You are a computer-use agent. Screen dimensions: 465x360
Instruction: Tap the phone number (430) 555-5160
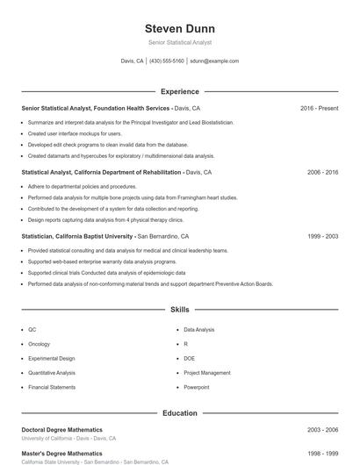(x=167, y=61)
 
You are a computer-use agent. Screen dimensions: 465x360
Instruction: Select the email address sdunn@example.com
(x=214, y=61)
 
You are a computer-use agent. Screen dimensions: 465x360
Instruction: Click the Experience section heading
(x=179, y=91)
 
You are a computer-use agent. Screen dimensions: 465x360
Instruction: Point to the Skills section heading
(x=179, y=310)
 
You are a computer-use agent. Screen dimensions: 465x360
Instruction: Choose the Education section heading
(x=179, y=412)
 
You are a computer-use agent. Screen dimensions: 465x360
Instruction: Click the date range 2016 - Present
(x=319, y=108)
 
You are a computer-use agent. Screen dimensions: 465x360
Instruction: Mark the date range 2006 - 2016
(x=322, y=173)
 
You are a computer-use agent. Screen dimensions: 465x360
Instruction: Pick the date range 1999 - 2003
(x=322, y=237)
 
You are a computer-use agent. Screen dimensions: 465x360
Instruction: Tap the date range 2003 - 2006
(x=322, y=430)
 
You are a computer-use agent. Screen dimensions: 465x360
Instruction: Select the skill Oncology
(x=40, y=344)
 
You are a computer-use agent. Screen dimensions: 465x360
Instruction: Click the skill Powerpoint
(x=197, y=387)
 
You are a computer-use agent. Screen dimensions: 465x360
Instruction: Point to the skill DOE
(x=190, y=358)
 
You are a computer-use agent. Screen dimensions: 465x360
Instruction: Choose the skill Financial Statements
(x=52, y=387)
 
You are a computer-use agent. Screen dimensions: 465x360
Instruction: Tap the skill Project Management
(x=207, y=373)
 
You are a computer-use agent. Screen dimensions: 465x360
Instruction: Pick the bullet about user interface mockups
(x=75, y=133)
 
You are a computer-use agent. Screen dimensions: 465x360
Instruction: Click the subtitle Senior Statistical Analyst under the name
(x=179, y=42)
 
